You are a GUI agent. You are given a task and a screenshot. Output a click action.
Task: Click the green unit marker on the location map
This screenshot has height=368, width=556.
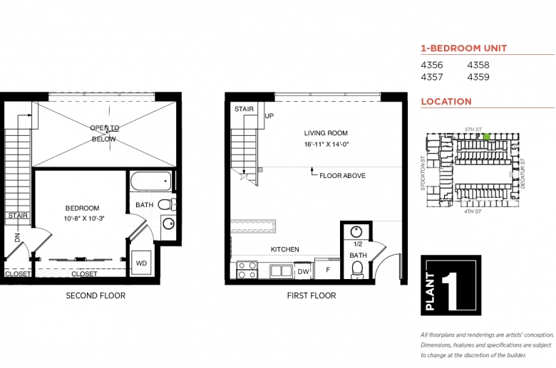[486, 137]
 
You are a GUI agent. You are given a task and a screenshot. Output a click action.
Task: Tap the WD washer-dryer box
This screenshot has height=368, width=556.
[141, 263]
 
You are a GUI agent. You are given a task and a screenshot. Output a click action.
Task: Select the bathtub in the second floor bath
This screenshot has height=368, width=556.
[151, 182]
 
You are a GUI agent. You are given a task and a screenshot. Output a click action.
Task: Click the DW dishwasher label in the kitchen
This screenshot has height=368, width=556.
[303, 272]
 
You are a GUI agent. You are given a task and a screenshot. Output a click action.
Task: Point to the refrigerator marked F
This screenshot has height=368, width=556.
[328, 270]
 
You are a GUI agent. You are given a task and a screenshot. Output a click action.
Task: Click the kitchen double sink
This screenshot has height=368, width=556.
[281, 271]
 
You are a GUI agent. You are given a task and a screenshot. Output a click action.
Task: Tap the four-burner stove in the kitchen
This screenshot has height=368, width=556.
[247, 270]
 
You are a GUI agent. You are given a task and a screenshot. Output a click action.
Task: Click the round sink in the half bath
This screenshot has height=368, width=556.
[356, 232]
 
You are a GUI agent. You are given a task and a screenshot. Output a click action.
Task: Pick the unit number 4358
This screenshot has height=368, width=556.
[478, 65]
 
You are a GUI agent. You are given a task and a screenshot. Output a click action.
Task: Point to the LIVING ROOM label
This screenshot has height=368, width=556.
[326, 133]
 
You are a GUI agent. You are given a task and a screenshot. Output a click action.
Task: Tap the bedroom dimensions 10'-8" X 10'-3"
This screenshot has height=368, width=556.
[84, 219]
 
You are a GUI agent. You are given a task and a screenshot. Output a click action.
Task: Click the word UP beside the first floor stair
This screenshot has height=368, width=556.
[269, 116]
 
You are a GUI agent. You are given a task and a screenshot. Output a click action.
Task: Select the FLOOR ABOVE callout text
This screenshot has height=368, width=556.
[342, 176]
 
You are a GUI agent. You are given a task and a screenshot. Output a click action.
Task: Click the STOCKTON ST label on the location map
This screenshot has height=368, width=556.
[423, 174]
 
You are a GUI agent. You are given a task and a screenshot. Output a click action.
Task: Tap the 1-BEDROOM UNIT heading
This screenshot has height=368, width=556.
[464, 48]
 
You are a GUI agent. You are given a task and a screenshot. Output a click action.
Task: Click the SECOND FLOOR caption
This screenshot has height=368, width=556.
[96, 295]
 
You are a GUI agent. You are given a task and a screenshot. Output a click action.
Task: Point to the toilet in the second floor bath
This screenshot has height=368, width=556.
[167, 204]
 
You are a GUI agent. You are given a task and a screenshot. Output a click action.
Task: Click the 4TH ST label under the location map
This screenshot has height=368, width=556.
[473, 211]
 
